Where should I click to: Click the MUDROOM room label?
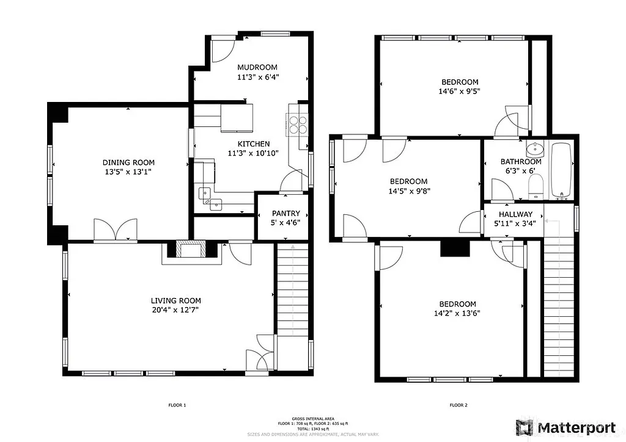(x=257, y=67)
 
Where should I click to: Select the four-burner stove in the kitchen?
(x=298, y=124)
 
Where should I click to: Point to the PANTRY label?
(x=286, y=213)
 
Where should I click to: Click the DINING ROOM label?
(x=128, y=162)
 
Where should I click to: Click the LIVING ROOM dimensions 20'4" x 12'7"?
(x=175, y=310)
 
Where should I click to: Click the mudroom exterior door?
(x=223, y=49)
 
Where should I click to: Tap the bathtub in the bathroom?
(x=561, y=170)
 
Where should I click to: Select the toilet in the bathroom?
(x=536, y=186)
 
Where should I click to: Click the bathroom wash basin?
(x=535, y=148)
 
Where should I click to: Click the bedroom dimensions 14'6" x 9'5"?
(x=460, y=93)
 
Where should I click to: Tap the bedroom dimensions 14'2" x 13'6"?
(x=457, y=314)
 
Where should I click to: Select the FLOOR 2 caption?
(x=458, y=405)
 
